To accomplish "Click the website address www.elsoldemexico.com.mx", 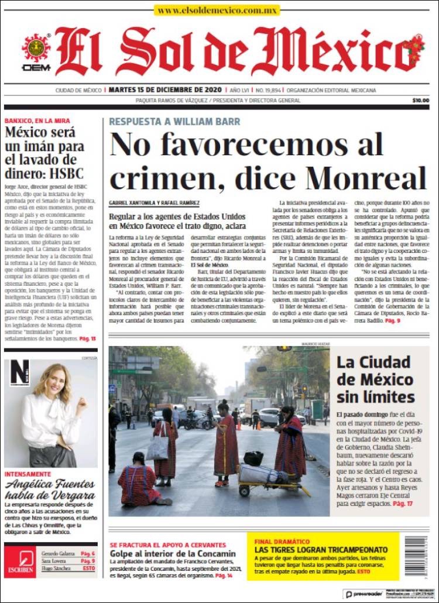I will [x=217, y=10].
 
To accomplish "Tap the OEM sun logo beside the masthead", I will [x=36, y=49].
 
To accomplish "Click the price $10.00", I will [x=420, y=100].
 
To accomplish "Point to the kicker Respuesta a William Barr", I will [x=174, y=122].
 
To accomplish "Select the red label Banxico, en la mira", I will [x=37, y=121].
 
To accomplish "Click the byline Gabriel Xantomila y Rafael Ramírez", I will [x=154, y=203].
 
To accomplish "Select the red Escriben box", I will [x=20, y=561].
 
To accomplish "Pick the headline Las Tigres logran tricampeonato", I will [x=321, y=550].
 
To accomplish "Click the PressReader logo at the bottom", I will [x=364, y=594].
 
